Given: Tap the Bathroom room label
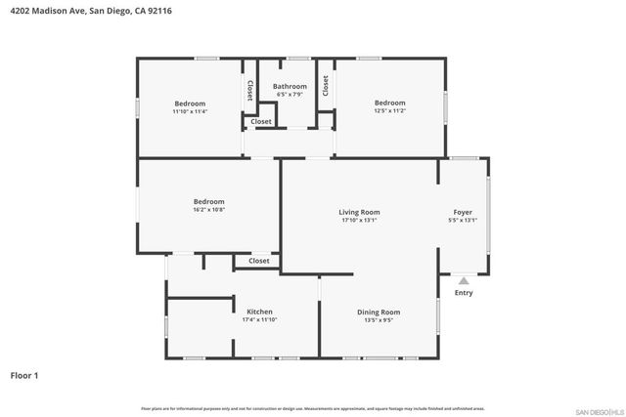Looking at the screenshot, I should point(290,86).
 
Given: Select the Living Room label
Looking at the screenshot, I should point(359,212).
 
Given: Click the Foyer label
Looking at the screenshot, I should point(463,212).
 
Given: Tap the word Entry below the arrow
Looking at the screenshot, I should point(464,293).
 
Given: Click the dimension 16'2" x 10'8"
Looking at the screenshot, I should point(208,210).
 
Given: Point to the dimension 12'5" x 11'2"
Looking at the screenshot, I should point(389,111).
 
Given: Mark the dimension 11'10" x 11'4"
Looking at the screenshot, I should point(190,112).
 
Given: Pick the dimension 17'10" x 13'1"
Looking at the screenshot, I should point(359,221).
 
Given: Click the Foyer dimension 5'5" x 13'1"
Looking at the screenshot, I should point(463,221).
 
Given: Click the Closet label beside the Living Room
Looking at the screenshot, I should point(259,261).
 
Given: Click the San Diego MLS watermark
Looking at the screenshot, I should point(598,410).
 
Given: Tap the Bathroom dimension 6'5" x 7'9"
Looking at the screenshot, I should point(290,95).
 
